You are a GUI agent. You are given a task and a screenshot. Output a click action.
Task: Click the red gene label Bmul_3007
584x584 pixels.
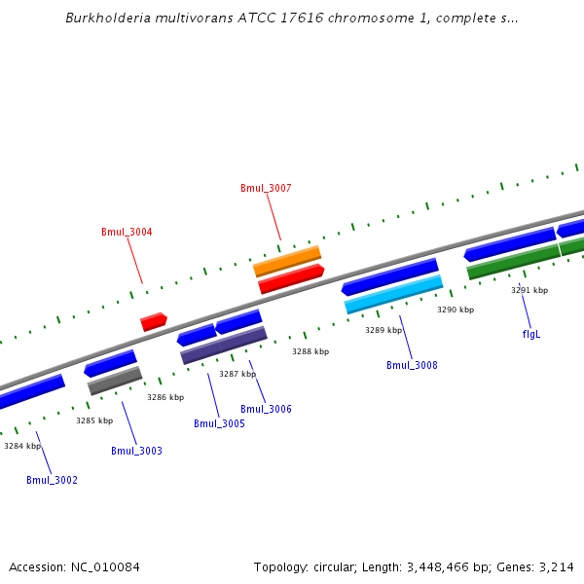click(x=266, y=188)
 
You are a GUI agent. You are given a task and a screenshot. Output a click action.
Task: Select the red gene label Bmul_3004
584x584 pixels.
click(x=127, y=233)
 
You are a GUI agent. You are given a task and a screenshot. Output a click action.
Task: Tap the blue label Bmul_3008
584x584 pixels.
click(x=412, y=366)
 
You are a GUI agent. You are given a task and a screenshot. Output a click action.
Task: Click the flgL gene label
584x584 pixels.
click(x=531, y=334)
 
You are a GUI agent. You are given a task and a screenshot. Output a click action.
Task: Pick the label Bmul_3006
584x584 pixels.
click(x=266, y=410)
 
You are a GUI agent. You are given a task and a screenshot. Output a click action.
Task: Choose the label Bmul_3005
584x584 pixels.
click(x=219, y=424)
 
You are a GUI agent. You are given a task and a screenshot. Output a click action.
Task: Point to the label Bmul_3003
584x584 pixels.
click(x=136, y=452)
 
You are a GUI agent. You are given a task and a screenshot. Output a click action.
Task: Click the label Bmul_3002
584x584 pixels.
click(x=52, y=481)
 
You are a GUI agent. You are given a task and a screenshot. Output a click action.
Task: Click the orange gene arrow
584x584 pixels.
click(x=287, y=261)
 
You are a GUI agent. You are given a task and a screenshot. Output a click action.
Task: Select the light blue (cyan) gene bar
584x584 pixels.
click(x=394, y=295)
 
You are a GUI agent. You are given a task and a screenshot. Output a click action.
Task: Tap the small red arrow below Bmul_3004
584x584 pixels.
click(x=154, y=321)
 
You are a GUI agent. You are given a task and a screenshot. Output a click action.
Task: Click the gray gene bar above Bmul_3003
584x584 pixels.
click(x=115, y=381)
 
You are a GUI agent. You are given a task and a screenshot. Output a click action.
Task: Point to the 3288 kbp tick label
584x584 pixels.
click(x=310, y=351)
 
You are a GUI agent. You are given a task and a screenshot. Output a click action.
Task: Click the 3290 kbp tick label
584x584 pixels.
click(x=456, y=310)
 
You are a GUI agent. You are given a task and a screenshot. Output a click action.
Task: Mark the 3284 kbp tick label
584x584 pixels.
click(x=22, y=446)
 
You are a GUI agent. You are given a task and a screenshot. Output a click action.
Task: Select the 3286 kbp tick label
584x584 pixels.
click(x=165, y=397)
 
